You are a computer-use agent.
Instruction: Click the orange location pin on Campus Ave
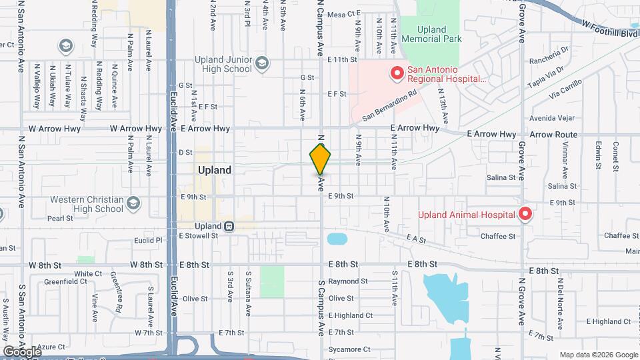(321, 159)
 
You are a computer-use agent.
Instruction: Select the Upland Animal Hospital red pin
(525, 214)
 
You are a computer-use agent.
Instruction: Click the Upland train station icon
(229, 226)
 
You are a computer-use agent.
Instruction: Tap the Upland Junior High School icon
(262, 64)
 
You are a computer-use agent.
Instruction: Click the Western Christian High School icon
(133, 203)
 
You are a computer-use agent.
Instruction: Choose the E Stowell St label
(199, 235)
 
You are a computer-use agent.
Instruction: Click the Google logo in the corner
(22, 351)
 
